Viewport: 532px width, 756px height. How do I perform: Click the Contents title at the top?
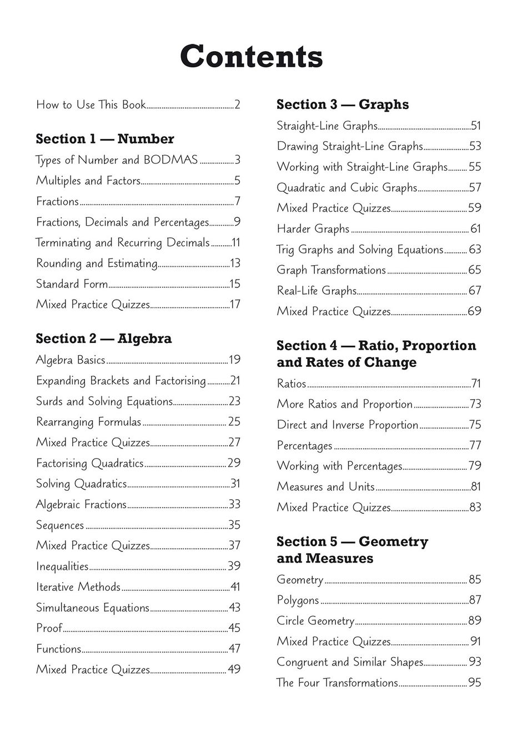[251, 57]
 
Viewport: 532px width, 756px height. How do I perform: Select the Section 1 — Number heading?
[105, 139]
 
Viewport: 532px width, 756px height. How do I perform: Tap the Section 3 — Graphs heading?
[343, 105]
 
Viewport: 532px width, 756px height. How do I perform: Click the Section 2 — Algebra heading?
[104, 339]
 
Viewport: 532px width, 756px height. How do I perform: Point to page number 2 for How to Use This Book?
[237, 105]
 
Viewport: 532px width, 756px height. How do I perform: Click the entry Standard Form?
[72, 284]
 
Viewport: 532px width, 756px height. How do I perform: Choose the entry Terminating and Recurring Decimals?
[122, 243]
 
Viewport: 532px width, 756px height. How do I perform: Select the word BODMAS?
[170, 160]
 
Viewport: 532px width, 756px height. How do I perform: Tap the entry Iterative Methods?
[78, 587]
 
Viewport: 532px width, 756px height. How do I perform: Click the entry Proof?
[49, 628]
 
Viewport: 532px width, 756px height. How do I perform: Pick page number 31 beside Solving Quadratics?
[235, 484]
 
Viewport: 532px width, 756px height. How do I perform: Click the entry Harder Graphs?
[313, 229]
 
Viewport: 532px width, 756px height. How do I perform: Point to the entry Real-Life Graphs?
[317, 291]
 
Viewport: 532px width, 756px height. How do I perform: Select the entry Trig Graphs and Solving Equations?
[360, 250]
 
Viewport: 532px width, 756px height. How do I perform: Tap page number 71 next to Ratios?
[476, 384]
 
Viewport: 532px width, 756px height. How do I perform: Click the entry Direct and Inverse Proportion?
[348, 425]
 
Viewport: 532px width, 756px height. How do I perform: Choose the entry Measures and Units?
[326, 487]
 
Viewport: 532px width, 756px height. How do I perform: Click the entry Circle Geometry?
[315, 621]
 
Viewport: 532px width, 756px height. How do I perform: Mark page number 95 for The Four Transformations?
[475, 683]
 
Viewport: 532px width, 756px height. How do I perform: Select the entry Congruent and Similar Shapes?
[350, 662]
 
